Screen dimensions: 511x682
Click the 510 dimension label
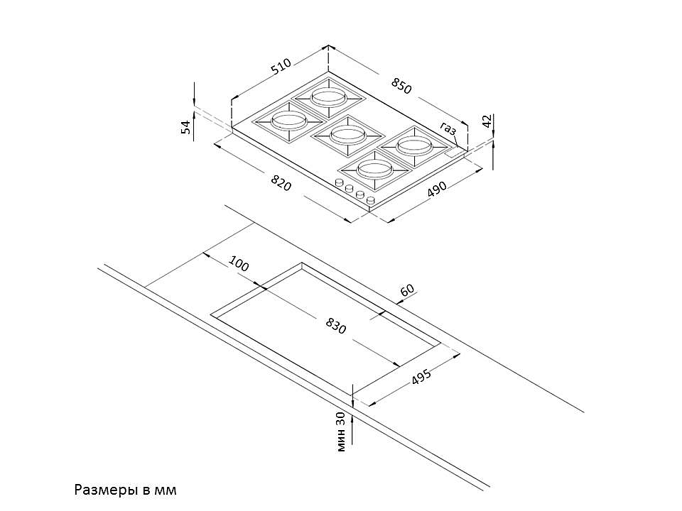tap(281, 67)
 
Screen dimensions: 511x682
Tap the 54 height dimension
tap(186, 127)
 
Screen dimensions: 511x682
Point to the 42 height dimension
tap(487, 121)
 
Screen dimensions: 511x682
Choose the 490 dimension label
tap(436, 189)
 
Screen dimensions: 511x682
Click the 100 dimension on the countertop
tap(239, 263)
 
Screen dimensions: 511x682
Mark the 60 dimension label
tap(407, 290)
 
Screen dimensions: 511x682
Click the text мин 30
tap(342, 431)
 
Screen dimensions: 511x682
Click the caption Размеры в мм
tap(124, 490)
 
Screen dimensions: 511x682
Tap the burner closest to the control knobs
tap(374, 170)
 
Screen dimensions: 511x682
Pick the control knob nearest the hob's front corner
tap(371, 202)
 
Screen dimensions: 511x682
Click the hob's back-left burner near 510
tap(329, 96)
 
